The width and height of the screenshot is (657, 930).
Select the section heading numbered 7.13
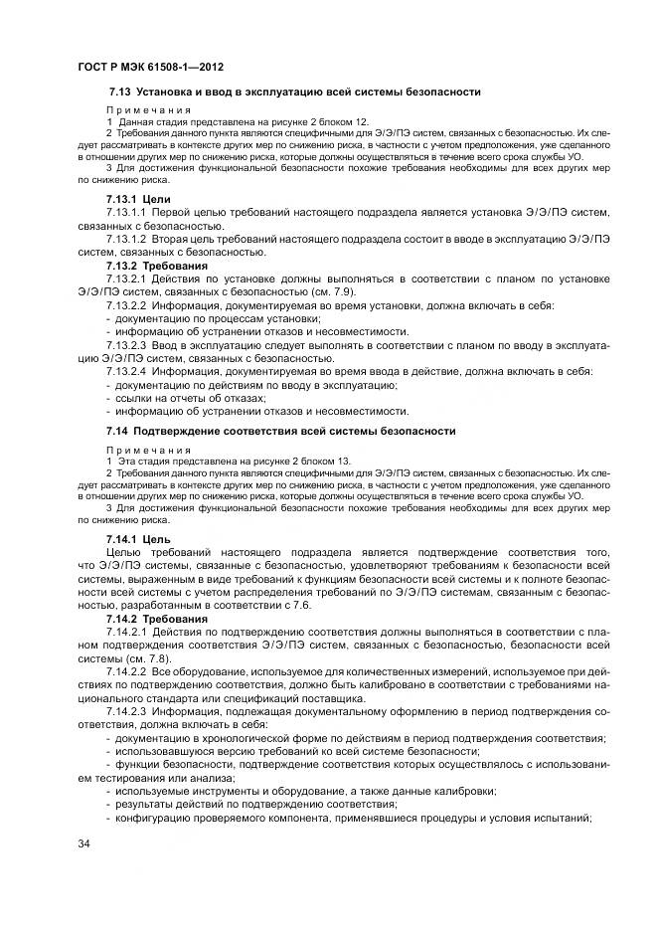click(x=294, y=93)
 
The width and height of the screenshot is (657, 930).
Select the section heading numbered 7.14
click(x=281, y=431)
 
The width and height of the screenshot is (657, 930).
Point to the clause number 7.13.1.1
click(x=126, y=214)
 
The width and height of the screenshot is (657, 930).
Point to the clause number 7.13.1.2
click(x=126, y=240)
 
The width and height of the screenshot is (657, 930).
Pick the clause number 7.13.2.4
click(x=126, y=371)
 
